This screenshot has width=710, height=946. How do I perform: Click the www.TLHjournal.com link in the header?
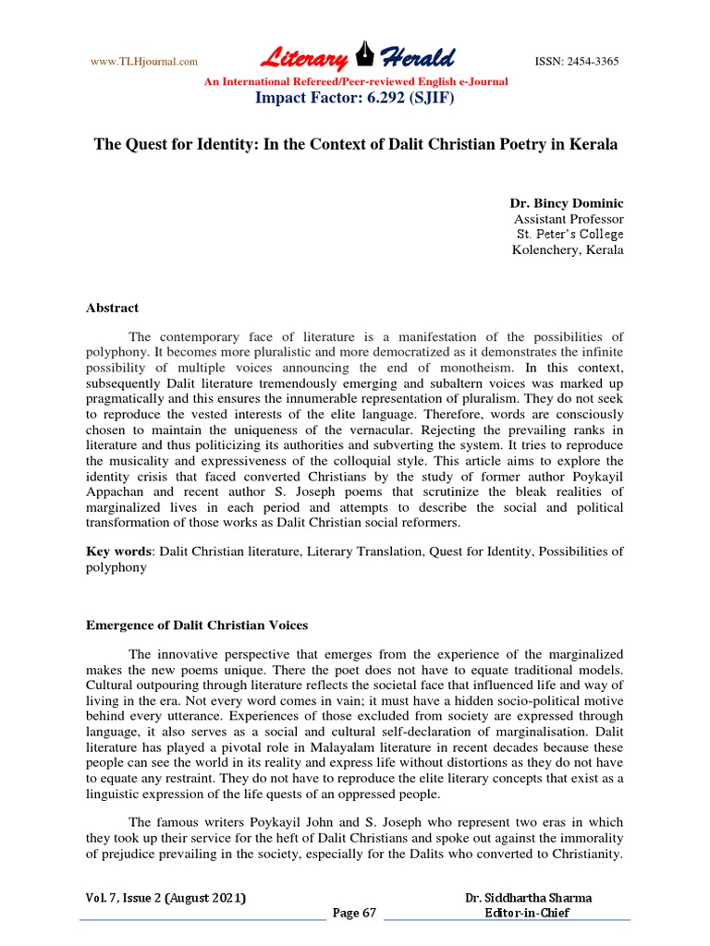(143, 62)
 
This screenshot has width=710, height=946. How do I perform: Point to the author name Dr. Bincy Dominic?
(567, 202)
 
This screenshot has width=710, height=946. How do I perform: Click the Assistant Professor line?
(569, 219)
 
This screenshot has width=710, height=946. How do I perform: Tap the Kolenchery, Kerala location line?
(568, 250)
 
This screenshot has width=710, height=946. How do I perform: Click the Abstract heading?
(112, 309)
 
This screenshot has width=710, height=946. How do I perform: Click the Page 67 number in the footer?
(355, 914)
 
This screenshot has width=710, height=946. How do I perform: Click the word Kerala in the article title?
(593, 146)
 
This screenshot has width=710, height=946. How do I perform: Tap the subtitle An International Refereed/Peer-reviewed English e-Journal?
(355, 81)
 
